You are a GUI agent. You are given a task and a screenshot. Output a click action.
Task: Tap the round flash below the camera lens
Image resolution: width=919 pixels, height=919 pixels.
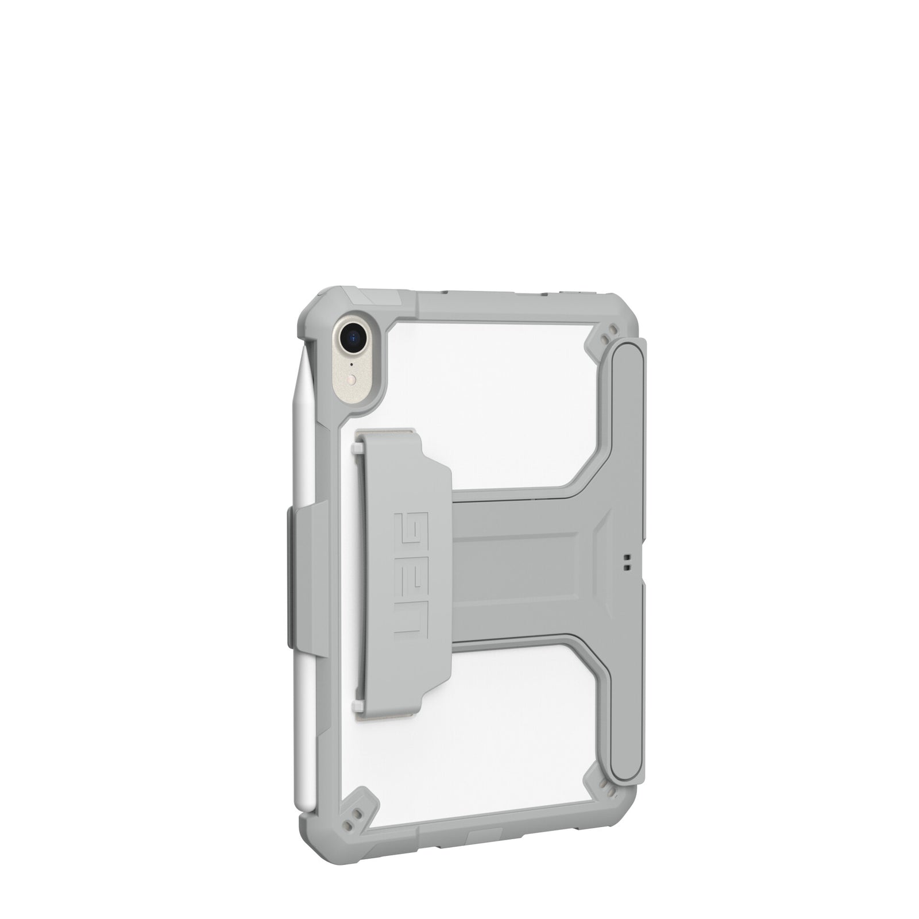click(354, 379)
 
